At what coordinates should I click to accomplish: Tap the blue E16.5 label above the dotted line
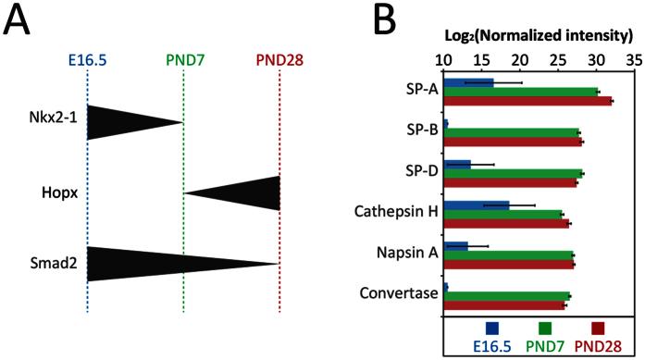(87, 60)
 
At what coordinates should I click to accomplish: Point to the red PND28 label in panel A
(279, 60)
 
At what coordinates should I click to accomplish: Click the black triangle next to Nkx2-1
(120, 121)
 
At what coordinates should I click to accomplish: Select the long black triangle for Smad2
(157, 264)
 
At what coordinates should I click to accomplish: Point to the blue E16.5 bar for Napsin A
(455, 245)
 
